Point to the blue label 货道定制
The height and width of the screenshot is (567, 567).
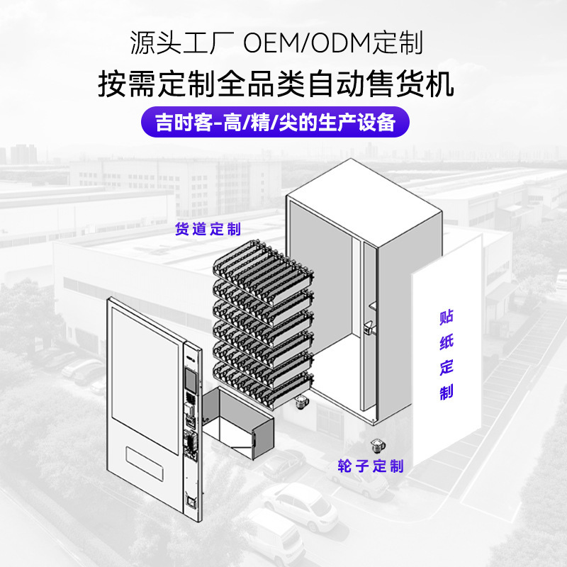208,229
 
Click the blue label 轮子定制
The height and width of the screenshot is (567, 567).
370,466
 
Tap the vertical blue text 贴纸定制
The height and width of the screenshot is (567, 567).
447,354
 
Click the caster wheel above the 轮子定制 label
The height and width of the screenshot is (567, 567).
377,446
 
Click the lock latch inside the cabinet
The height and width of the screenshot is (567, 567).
369,327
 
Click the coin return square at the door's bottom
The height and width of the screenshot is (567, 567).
190,501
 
